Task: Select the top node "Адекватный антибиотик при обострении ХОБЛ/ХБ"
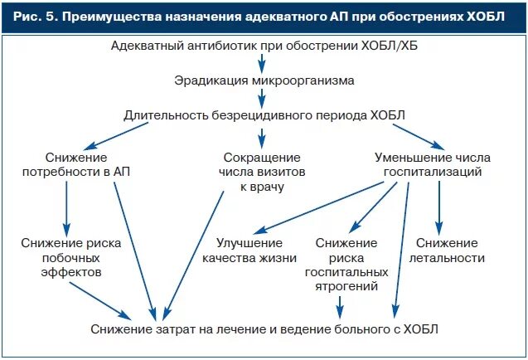click(264, 45)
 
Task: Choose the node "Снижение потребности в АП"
click(66, 164)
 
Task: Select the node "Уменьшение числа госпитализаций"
click(433, 164)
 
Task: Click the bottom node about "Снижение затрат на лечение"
click(264, 329)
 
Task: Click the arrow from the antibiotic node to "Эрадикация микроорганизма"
click(264, 63)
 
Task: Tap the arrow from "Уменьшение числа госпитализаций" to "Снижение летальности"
click(440, 207)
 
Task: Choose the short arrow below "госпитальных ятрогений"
click(338, 308)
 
